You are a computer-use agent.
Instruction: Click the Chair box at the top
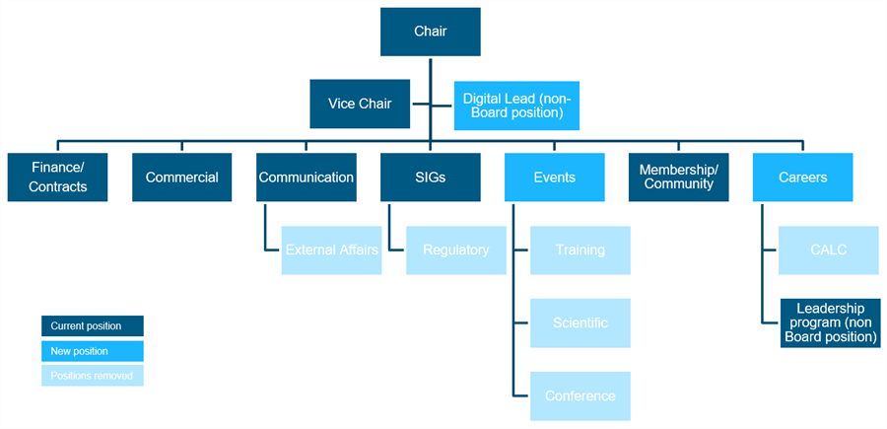click(x=430, y=32)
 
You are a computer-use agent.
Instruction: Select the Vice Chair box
click(x=359, y=104)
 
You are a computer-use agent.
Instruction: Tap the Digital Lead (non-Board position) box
click(x=516, y=105)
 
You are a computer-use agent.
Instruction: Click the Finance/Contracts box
click(x=57, y=178)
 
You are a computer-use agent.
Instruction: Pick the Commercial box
click(x=181, y=178)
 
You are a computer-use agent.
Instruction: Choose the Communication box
click(x=306, y=178)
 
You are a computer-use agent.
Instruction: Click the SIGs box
click(x=430, y=178)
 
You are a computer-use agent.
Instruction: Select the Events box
click(x=554, y=178)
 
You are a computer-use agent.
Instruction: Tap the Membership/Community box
click(x=678, y=178)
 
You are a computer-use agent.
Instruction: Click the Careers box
click(x=802, y=178)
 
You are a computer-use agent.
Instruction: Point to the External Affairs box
click(x=331, y=250)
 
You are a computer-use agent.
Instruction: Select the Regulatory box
click(x=455, y=250)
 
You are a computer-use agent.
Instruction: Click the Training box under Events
click(x=580, y=250)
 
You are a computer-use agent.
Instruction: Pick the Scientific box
click(x=580, y=322)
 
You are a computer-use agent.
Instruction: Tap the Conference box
click(x=580, y=395)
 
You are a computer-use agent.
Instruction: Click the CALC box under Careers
click(x=828, y=250)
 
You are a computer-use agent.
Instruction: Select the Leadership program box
click(x=830, y=322)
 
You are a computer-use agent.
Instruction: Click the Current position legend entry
click(x=93, y=325)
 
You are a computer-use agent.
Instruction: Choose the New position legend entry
click(x=93, y=351)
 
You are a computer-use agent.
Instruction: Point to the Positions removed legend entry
click(x=93, y=376)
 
